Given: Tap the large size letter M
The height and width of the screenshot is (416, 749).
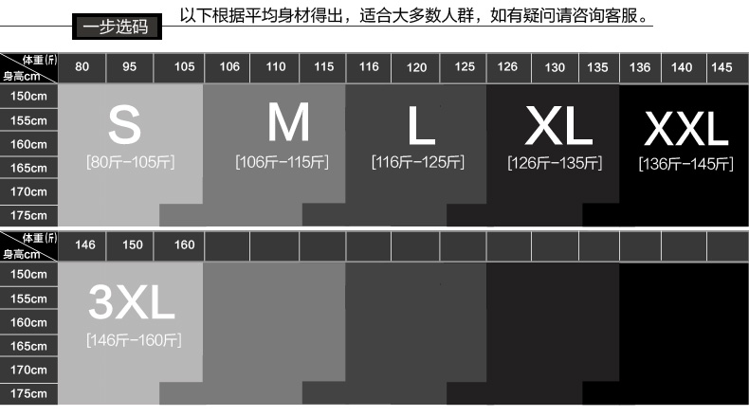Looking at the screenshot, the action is (289, 122).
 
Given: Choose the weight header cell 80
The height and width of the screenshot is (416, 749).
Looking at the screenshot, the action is (82, 67).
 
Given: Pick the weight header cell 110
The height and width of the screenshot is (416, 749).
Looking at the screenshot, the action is (276, 67).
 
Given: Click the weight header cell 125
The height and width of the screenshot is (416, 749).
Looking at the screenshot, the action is (465, 67).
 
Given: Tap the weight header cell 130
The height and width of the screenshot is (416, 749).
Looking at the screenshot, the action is (555, 67).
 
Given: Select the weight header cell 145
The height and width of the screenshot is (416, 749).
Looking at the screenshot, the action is (722, 67).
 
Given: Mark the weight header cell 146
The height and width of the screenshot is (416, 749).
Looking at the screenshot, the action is (85, 244).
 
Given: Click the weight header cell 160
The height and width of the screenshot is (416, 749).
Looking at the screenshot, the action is (185, 244).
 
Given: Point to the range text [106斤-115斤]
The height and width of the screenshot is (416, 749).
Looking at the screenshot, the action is (282, 162).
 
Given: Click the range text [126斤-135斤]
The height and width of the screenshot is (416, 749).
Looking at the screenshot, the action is (555, 163).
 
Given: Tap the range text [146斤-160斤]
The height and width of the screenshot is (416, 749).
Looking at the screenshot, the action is (134, 339).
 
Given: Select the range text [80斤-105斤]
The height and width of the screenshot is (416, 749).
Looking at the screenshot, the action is (131, 162).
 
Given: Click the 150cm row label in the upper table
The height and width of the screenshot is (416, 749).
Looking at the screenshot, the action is (28, 97).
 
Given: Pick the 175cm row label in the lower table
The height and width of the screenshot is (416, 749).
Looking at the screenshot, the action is (28, 392).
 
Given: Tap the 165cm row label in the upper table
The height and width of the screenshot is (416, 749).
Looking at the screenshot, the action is (28, 168).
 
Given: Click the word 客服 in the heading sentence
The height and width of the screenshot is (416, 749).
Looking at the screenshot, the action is (630, 16).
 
